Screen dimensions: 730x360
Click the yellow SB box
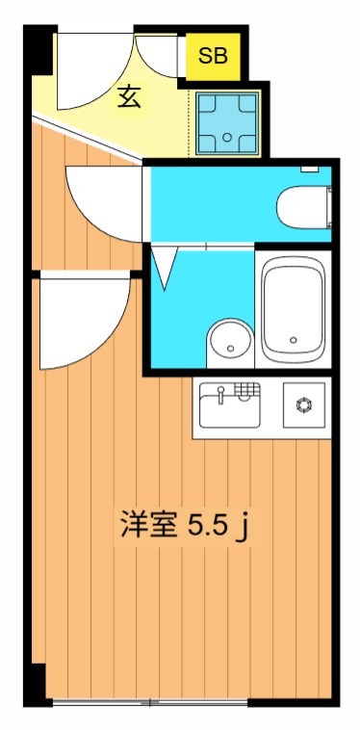pos(213,56)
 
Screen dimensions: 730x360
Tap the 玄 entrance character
pos(131,97)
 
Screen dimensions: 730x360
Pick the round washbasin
pos(228,339)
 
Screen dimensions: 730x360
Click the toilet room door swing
pos(101,197)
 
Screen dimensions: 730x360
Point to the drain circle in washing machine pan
pos(229,139)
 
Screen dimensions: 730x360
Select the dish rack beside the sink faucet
pos(248,391)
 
